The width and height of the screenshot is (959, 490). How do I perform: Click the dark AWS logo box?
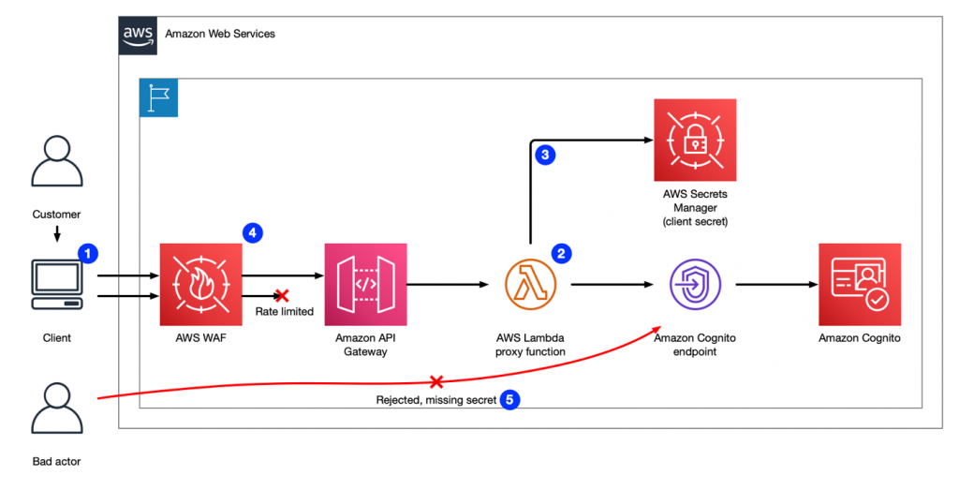[x=138, y=35]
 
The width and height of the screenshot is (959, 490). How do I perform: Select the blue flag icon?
[x=157, y=97]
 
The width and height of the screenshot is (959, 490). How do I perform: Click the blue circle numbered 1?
[x=87, y=253]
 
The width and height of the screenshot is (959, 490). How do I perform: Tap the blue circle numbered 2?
[x=562, y=253]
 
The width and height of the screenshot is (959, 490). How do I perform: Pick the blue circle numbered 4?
[x=251, y=231]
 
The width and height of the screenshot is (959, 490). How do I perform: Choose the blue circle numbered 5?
[x=509, y=399]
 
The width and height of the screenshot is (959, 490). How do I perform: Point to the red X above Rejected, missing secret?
[x=435, y=381]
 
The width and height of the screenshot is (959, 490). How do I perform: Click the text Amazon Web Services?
[x=220, y=34]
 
